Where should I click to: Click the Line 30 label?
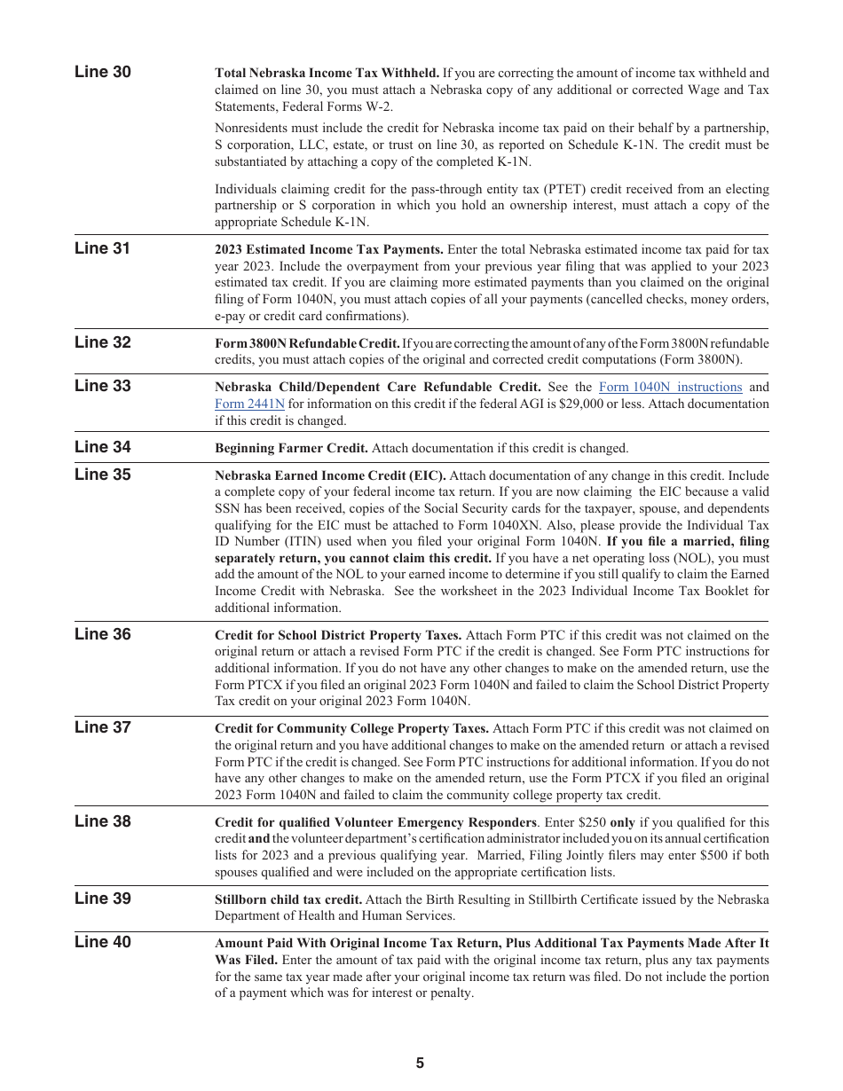click(102, 72)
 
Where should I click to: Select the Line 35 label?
click(102, 475)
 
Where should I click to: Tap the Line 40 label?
click(102, 942)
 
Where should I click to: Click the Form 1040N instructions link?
click(670, 387)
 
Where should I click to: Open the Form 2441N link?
click(249, 404)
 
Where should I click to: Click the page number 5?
click(420, 1064)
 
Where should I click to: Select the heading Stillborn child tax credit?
click(288, 899)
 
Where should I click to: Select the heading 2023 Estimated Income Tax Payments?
click(328, 249)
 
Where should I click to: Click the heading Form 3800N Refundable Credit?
click(307, 343)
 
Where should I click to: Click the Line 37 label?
click(102, 727)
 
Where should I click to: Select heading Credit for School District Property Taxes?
click(337, 635)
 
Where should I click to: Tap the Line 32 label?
click(102, 342)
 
